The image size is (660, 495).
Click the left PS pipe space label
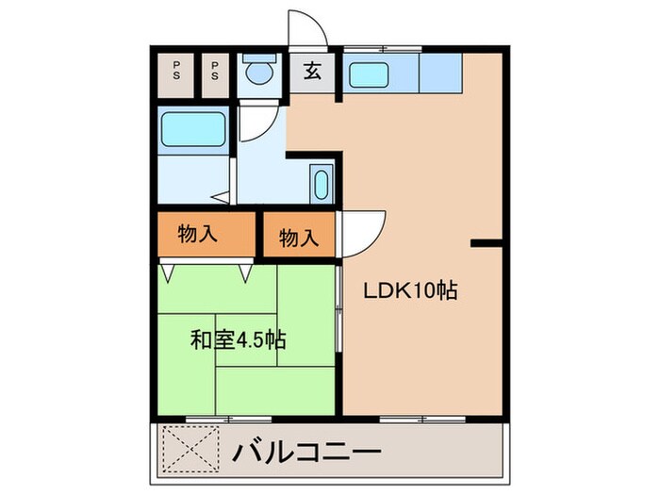click(x=176, y=71)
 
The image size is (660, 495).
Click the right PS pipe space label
click(x=215, y=71)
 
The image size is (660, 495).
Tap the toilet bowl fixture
click(x=259, y=70)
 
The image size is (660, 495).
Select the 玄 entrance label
click(x=312, y=71)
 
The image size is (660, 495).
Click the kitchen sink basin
click(x=369, y=74)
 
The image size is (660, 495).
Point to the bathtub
click(x=193, y=129)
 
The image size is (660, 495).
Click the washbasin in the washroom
click(x=322, y=185)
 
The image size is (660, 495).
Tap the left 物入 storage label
click(x=197, y=233)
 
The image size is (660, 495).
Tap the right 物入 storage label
click(x=299, y=238)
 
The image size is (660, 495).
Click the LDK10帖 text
click(x=411, y=290)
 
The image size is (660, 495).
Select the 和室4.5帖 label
click(x=239, y=339)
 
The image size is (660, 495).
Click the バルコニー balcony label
click(x=306, y=453)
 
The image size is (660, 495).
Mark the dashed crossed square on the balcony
click(x=191, y=449)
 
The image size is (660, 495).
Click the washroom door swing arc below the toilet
click(x=266, y=131)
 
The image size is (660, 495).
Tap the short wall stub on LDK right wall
click(x=487, y=243)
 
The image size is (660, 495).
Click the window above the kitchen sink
click(x=382, y=49)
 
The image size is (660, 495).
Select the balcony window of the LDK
click(x=422, y=420)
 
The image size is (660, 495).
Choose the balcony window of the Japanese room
click(x=228, y=420)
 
